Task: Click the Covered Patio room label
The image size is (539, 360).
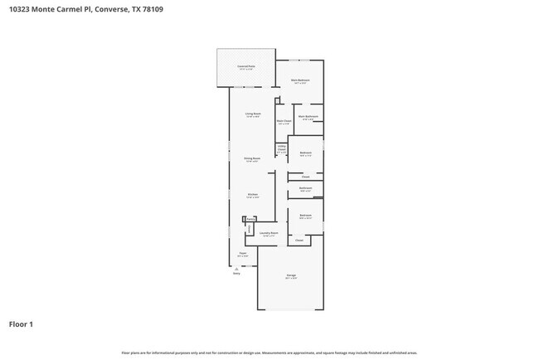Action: [x=246, y=66]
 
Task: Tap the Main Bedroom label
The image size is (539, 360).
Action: [x=299, y=81]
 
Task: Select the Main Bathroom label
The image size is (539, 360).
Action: [x=308, y=117]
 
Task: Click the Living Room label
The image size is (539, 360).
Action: [x=253, y=114]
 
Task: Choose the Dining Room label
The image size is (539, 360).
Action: [x=252, y=159]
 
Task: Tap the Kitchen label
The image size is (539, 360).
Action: [x=252, y=196]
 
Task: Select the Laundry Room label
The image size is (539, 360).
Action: [x=267, y=234]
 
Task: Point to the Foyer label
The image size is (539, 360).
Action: [x=242, y=255]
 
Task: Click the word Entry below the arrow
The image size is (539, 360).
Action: [x=236, y=273]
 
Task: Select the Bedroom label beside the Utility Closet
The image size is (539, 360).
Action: [x=305, y=153]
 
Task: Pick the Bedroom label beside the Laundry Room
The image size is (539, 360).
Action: [x=305, y=216]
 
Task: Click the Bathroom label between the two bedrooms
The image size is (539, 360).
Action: [x=305, y=188]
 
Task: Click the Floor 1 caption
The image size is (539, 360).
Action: [x=21, y=324]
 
